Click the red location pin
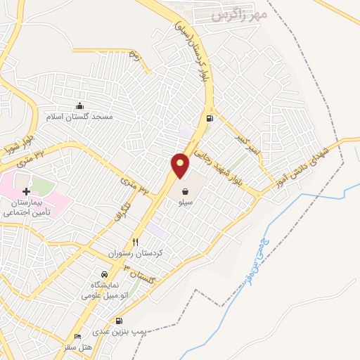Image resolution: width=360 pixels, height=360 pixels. [181, 165]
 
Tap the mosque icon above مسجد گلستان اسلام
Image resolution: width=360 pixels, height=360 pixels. [79, 105]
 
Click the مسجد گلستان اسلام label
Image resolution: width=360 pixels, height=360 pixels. [79, 115]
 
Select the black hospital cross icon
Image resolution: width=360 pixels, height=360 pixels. [27, 191]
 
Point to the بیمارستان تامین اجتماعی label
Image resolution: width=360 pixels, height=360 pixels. [31, 205]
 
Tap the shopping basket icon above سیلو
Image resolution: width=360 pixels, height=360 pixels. [185, 191]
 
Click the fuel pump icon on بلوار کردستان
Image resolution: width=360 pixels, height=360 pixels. [209, 118]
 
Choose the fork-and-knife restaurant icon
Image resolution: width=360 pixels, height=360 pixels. [126, 242]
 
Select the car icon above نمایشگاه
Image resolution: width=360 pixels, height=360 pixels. [105, 274]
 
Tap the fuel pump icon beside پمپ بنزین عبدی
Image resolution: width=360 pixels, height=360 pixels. [127, 321]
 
